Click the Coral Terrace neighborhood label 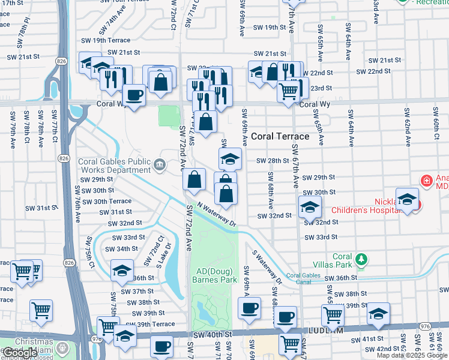pyautogui.click(x=280, y=136)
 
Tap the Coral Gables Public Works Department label pyautogui.click(x=114, y=166)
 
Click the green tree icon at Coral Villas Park pyautogui.click(x=361, y=259)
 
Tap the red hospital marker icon pyautogui.click(x=426, y=180)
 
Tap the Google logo pyautogui.click(x=20, y=353)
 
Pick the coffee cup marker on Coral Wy pyautogui.click(x=133, y=95)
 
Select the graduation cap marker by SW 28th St pyautogui.click(x=230, y=159)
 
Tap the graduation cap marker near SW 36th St pyautogui.click(x=122, y=270)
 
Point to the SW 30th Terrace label pyautogui.click(x=108, y=202)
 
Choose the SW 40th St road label pyautogui.click(x=212, y=334)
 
